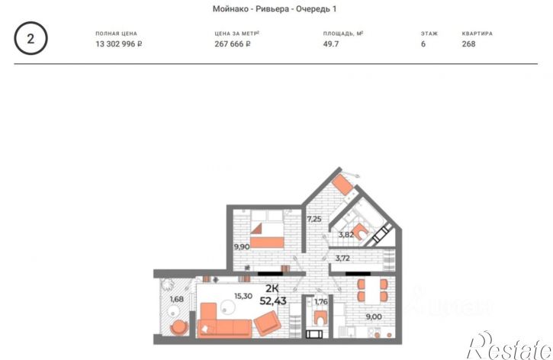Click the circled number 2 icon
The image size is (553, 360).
(x=31, y=38)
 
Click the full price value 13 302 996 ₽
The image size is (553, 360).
(x=118, y=44)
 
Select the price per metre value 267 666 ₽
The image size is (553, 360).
(x=233, y=44)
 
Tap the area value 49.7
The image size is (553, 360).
(x=331, y=44)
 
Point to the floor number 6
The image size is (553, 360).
(x=423, y=44)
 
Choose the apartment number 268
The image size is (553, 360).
(x=468, y=44)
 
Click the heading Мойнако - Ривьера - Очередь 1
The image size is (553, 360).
(x=275, y=9)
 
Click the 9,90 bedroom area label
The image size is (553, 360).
(x=242, y=247)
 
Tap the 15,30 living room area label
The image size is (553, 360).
(x=243, y=296)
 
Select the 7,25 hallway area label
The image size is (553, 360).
(x=314, y=219)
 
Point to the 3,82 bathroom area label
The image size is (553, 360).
(x=346, y=234)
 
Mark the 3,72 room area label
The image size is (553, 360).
(x=342, y=258)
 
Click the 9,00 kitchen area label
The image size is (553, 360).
(x=374, y=317)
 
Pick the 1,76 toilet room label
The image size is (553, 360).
(x=321, y=302)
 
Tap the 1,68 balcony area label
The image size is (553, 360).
(x=177, y=299)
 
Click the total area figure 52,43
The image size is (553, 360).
(x=273, y=301)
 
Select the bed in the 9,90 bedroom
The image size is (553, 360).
(x=267, y=229)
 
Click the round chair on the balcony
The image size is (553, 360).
(x=179, y=327)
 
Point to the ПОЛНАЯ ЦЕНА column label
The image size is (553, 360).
(x=116, y=34)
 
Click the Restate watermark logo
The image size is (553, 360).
(x=510, y=346)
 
